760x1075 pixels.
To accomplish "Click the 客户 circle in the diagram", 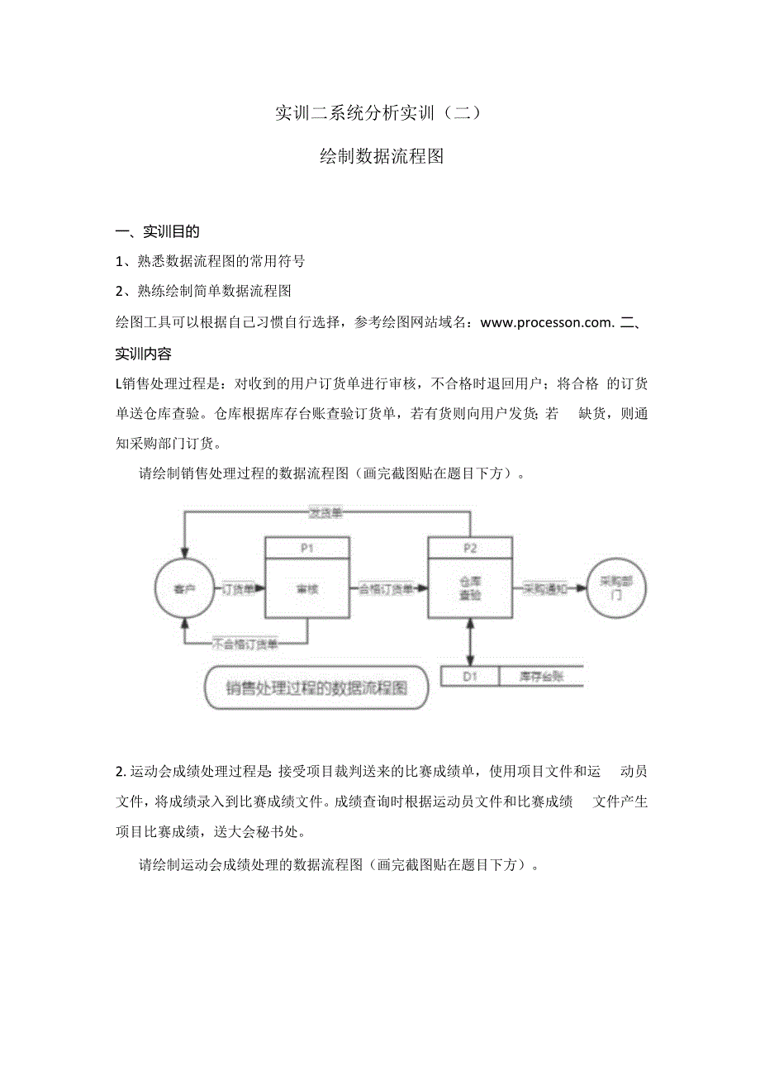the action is click(180, 588).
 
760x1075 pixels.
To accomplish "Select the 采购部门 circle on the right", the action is click(615, 588).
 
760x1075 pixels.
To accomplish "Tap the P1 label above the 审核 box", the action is click(306, 547).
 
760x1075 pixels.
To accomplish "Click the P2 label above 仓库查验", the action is click(469, 547).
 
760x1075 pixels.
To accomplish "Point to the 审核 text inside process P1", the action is click(306, 589).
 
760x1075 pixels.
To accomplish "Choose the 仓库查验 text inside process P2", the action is click(469, 588).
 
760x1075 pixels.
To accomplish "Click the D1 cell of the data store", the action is click(470, 676).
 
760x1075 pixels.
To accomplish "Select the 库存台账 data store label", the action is click(541, 676).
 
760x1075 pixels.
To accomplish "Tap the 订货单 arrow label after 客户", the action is click(239, 589).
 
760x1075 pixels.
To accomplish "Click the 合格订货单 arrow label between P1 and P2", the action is click(386, 589).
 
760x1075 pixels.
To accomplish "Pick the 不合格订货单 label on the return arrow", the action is click(245, 642).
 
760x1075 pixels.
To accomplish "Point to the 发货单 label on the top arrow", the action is click(325, 513).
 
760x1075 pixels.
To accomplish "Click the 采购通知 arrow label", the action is click(545, 589).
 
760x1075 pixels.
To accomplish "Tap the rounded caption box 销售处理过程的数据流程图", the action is click(316, 687).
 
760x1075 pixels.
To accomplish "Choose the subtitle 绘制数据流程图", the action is click(381, 156).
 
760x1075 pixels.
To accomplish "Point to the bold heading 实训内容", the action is click(144, 354).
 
